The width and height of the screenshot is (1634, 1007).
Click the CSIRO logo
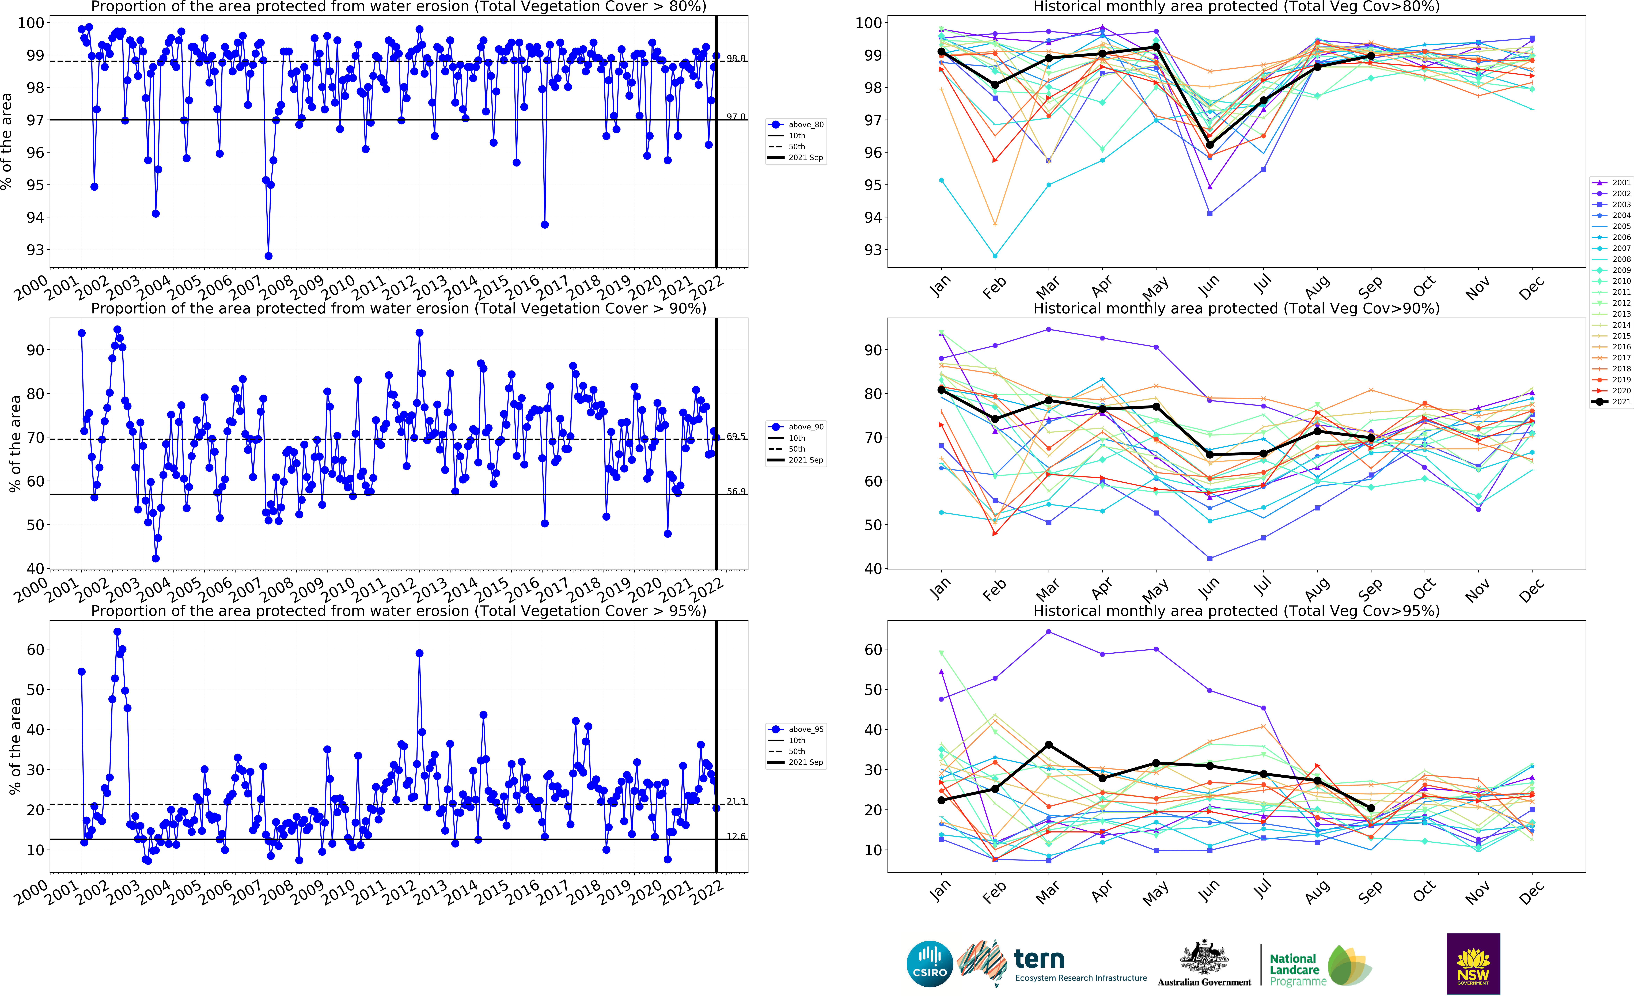tap(930, 964)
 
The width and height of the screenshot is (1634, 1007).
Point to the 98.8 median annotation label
tap(736, 59)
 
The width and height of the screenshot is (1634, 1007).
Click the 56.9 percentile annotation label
tap(736, 491)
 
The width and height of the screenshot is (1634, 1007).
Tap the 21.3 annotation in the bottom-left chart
tap(736, 801)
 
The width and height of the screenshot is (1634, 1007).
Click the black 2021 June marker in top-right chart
tap(1210, 145)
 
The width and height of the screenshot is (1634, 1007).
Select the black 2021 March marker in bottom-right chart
tap(1049, 745)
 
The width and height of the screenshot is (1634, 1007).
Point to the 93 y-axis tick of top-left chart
tap(35, 250)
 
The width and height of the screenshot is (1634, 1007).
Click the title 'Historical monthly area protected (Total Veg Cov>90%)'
tap(1236, 308)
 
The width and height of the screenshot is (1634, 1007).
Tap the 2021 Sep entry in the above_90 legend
tap(806, 460)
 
